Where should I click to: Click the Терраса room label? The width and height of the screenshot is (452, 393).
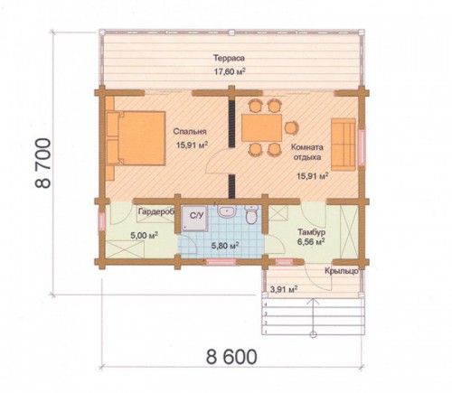click(x=229, y=58)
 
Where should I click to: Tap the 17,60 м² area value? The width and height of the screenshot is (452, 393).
click(x=229, y=71)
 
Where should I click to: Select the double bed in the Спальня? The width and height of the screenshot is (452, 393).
click(x=136, y=138)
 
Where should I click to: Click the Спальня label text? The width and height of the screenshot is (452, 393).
click(x=190, y=132)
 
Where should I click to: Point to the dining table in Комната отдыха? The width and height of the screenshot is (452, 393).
click(x=261, y=127)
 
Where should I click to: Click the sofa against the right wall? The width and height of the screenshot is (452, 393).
click(x=344, y=145)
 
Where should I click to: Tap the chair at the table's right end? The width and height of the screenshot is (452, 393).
click(x=291, y=127)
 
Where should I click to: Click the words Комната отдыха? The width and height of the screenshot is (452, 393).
click(x=306, y=152)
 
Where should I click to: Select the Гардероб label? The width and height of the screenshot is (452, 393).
click(x=156, y=211)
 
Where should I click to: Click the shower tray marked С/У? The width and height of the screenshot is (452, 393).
click(x=194, y=219)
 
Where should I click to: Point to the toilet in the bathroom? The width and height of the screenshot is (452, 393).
click(x=251, y=215)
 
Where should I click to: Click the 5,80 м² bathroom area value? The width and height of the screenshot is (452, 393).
click(x=225, y=246)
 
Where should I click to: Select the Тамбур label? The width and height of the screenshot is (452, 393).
click(x=311, y=232)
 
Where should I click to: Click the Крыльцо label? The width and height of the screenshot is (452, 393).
click(x=342, y=271)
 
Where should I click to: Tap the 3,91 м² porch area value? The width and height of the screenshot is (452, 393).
click(x=284, y=290)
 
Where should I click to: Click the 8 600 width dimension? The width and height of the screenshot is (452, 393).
click(x=231, y=357)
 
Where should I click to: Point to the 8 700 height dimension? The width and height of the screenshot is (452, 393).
click(x=43, y=164)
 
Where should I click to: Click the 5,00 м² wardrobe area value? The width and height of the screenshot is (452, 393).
click(x=145, y=235)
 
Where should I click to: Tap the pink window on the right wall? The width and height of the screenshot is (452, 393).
click(x=361, y=147)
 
